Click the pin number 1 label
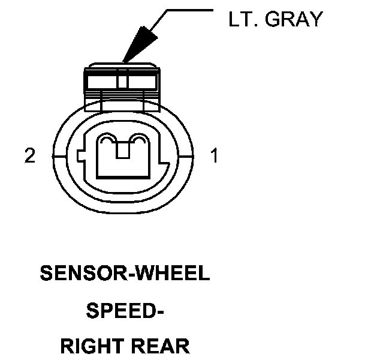tap(214, 157)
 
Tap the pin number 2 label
tap(29, 157)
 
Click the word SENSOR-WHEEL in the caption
tap(125, 274)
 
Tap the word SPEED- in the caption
tap(125, 311)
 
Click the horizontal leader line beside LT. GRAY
tap(189, 10)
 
